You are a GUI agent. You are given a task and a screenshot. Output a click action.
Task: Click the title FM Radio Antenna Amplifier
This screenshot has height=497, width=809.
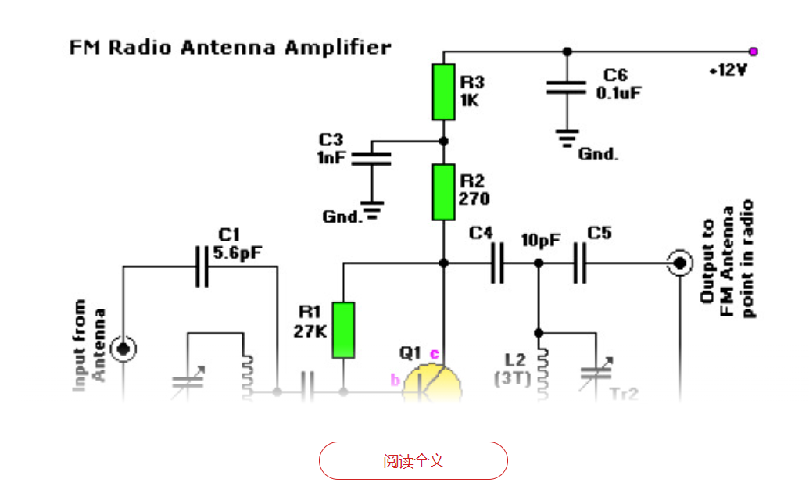point(231,48)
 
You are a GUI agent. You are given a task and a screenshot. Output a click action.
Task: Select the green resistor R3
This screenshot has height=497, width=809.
point(444,92)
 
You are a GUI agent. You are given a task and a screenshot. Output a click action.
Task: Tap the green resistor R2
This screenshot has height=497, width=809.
point(444,192)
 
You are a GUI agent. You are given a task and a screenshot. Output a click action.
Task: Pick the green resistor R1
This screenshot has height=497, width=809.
point(343,330)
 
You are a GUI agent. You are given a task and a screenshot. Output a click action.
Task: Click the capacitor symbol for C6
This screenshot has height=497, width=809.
point(567,87)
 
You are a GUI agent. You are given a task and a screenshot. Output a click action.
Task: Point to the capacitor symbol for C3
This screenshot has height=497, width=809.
point(371,159)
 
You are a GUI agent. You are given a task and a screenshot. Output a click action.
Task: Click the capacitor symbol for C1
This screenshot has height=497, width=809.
point(202,266)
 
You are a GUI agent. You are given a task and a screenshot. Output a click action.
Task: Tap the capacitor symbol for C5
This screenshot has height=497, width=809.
point(579,264)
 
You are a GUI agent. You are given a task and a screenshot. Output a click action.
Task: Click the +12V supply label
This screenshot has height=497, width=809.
point(728,70)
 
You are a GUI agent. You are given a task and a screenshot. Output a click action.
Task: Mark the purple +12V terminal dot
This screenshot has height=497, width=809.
point(753,52)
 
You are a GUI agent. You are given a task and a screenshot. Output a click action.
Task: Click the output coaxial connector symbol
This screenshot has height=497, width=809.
point(679,263)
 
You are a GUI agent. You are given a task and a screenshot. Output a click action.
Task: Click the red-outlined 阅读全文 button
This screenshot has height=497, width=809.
point(413,460)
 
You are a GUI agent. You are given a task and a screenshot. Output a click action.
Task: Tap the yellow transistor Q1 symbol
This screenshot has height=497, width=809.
point(432,383)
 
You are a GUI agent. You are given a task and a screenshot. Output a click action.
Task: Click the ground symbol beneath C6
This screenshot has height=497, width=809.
point(567,138)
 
